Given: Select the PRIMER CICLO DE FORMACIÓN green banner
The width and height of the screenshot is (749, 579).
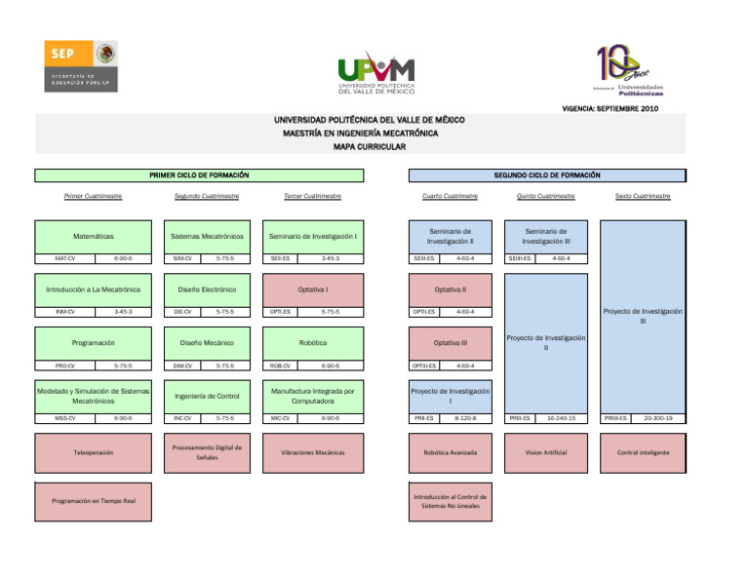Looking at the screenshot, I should (x=199, y=175).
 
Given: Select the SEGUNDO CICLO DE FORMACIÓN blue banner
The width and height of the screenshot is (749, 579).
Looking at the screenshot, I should (x=546, y=175).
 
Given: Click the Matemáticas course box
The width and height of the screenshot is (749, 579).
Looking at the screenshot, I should (x=93, y=236).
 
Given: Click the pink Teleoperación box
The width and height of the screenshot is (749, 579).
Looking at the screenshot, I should (x=93, y=452).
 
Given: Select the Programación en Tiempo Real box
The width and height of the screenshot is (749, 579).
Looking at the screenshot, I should (x=93, y=501).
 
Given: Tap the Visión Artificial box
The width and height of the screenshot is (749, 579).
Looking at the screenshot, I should (x=546, y=452).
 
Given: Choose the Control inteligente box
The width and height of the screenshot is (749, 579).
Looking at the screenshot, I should (x=642, y=452).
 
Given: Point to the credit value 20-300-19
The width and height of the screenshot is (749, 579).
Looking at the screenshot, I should (x=658, y=418).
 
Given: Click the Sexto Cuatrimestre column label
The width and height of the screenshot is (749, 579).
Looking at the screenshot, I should (x=642, y=196).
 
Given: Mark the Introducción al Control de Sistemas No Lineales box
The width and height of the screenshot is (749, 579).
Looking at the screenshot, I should (x=450, y=501).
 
